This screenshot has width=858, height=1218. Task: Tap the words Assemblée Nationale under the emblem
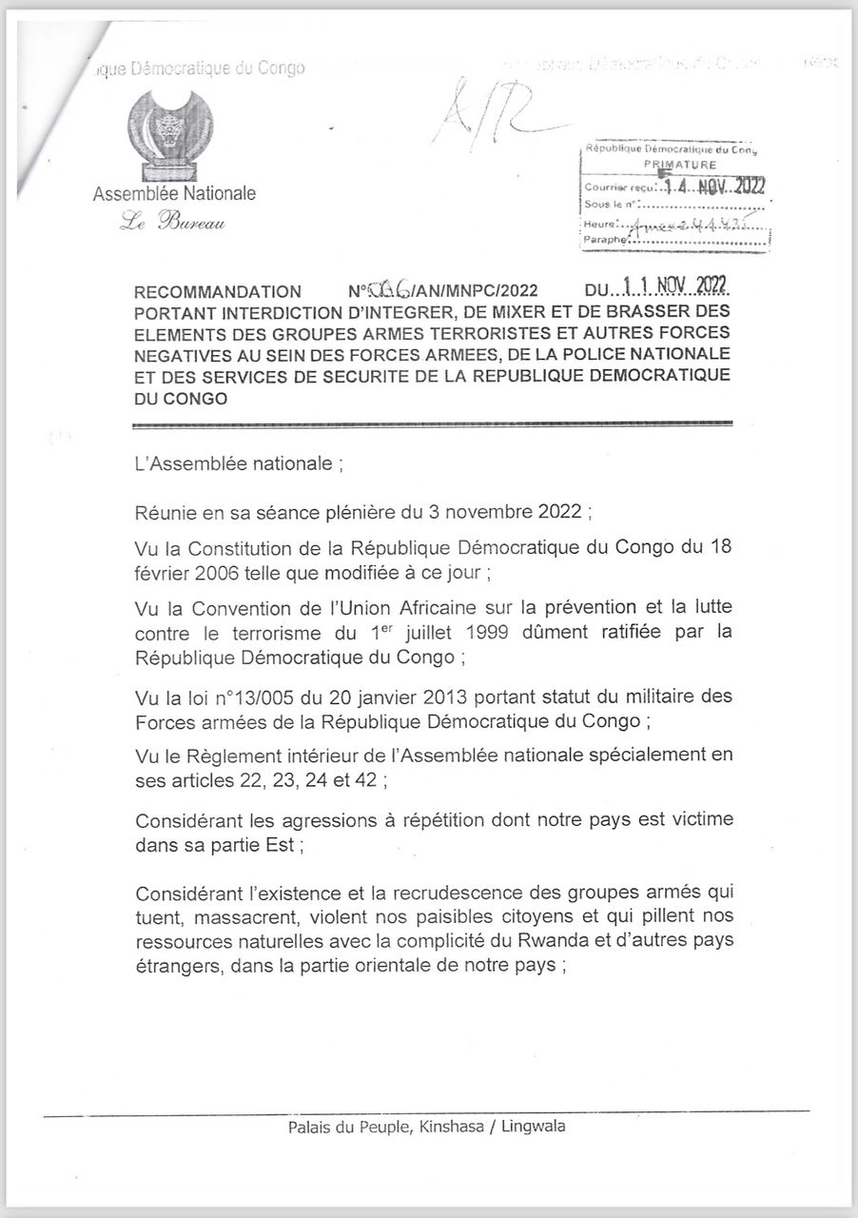point(174,194)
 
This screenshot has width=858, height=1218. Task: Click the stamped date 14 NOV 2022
point(724,187)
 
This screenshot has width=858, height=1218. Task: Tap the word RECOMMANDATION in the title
point(218,292)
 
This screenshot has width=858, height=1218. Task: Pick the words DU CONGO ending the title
point(182,399)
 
